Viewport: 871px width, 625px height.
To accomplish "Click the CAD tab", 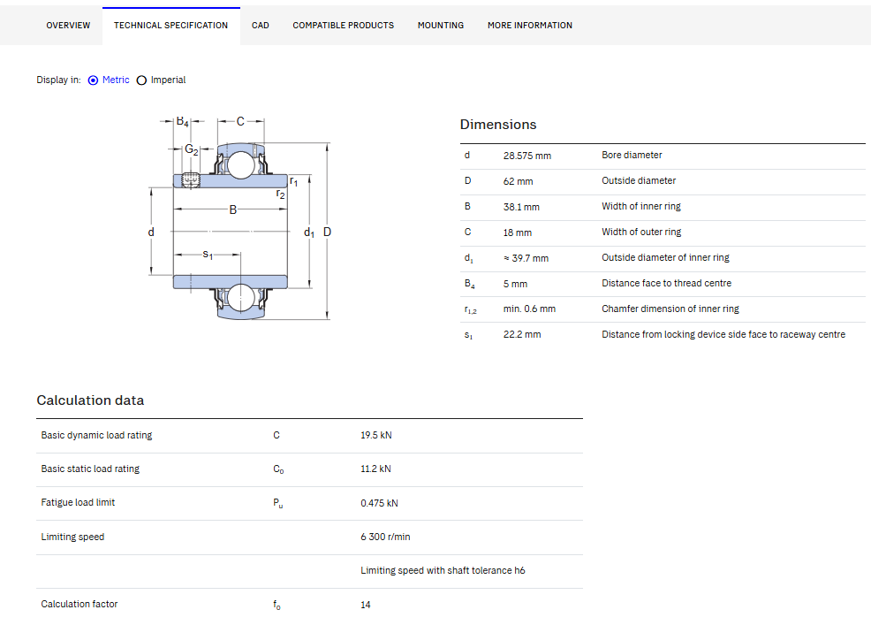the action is point(260,26).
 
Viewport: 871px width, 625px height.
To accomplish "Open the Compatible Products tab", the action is point(344,26).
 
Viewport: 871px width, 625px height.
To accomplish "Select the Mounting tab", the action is point(441,26).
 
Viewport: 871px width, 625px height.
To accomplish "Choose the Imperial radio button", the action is point(141,80).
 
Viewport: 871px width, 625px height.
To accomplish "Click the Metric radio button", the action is point(93,80).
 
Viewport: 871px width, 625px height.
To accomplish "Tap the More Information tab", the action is point(530,26).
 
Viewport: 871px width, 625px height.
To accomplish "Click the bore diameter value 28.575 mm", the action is point(527,156).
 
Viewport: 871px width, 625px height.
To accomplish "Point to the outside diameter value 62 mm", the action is point(518,181).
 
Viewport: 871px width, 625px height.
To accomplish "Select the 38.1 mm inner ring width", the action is point(521,207).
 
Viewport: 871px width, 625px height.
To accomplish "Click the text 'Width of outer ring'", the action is point(641,232).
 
